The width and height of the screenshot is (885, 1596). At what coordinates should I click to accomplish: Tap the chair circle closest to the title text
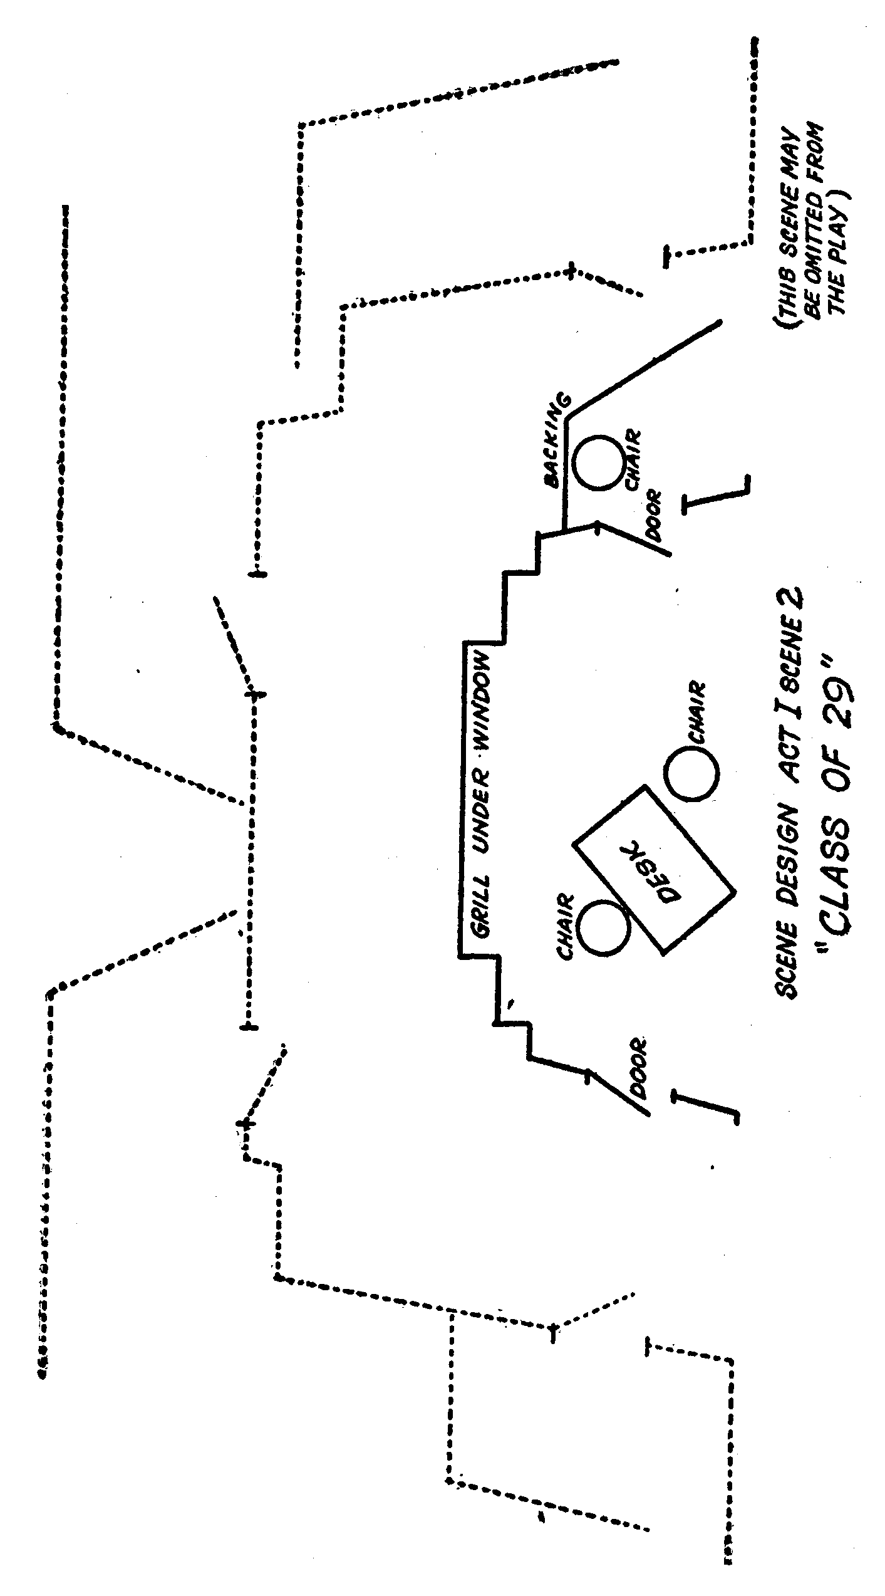click(691, 773)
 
